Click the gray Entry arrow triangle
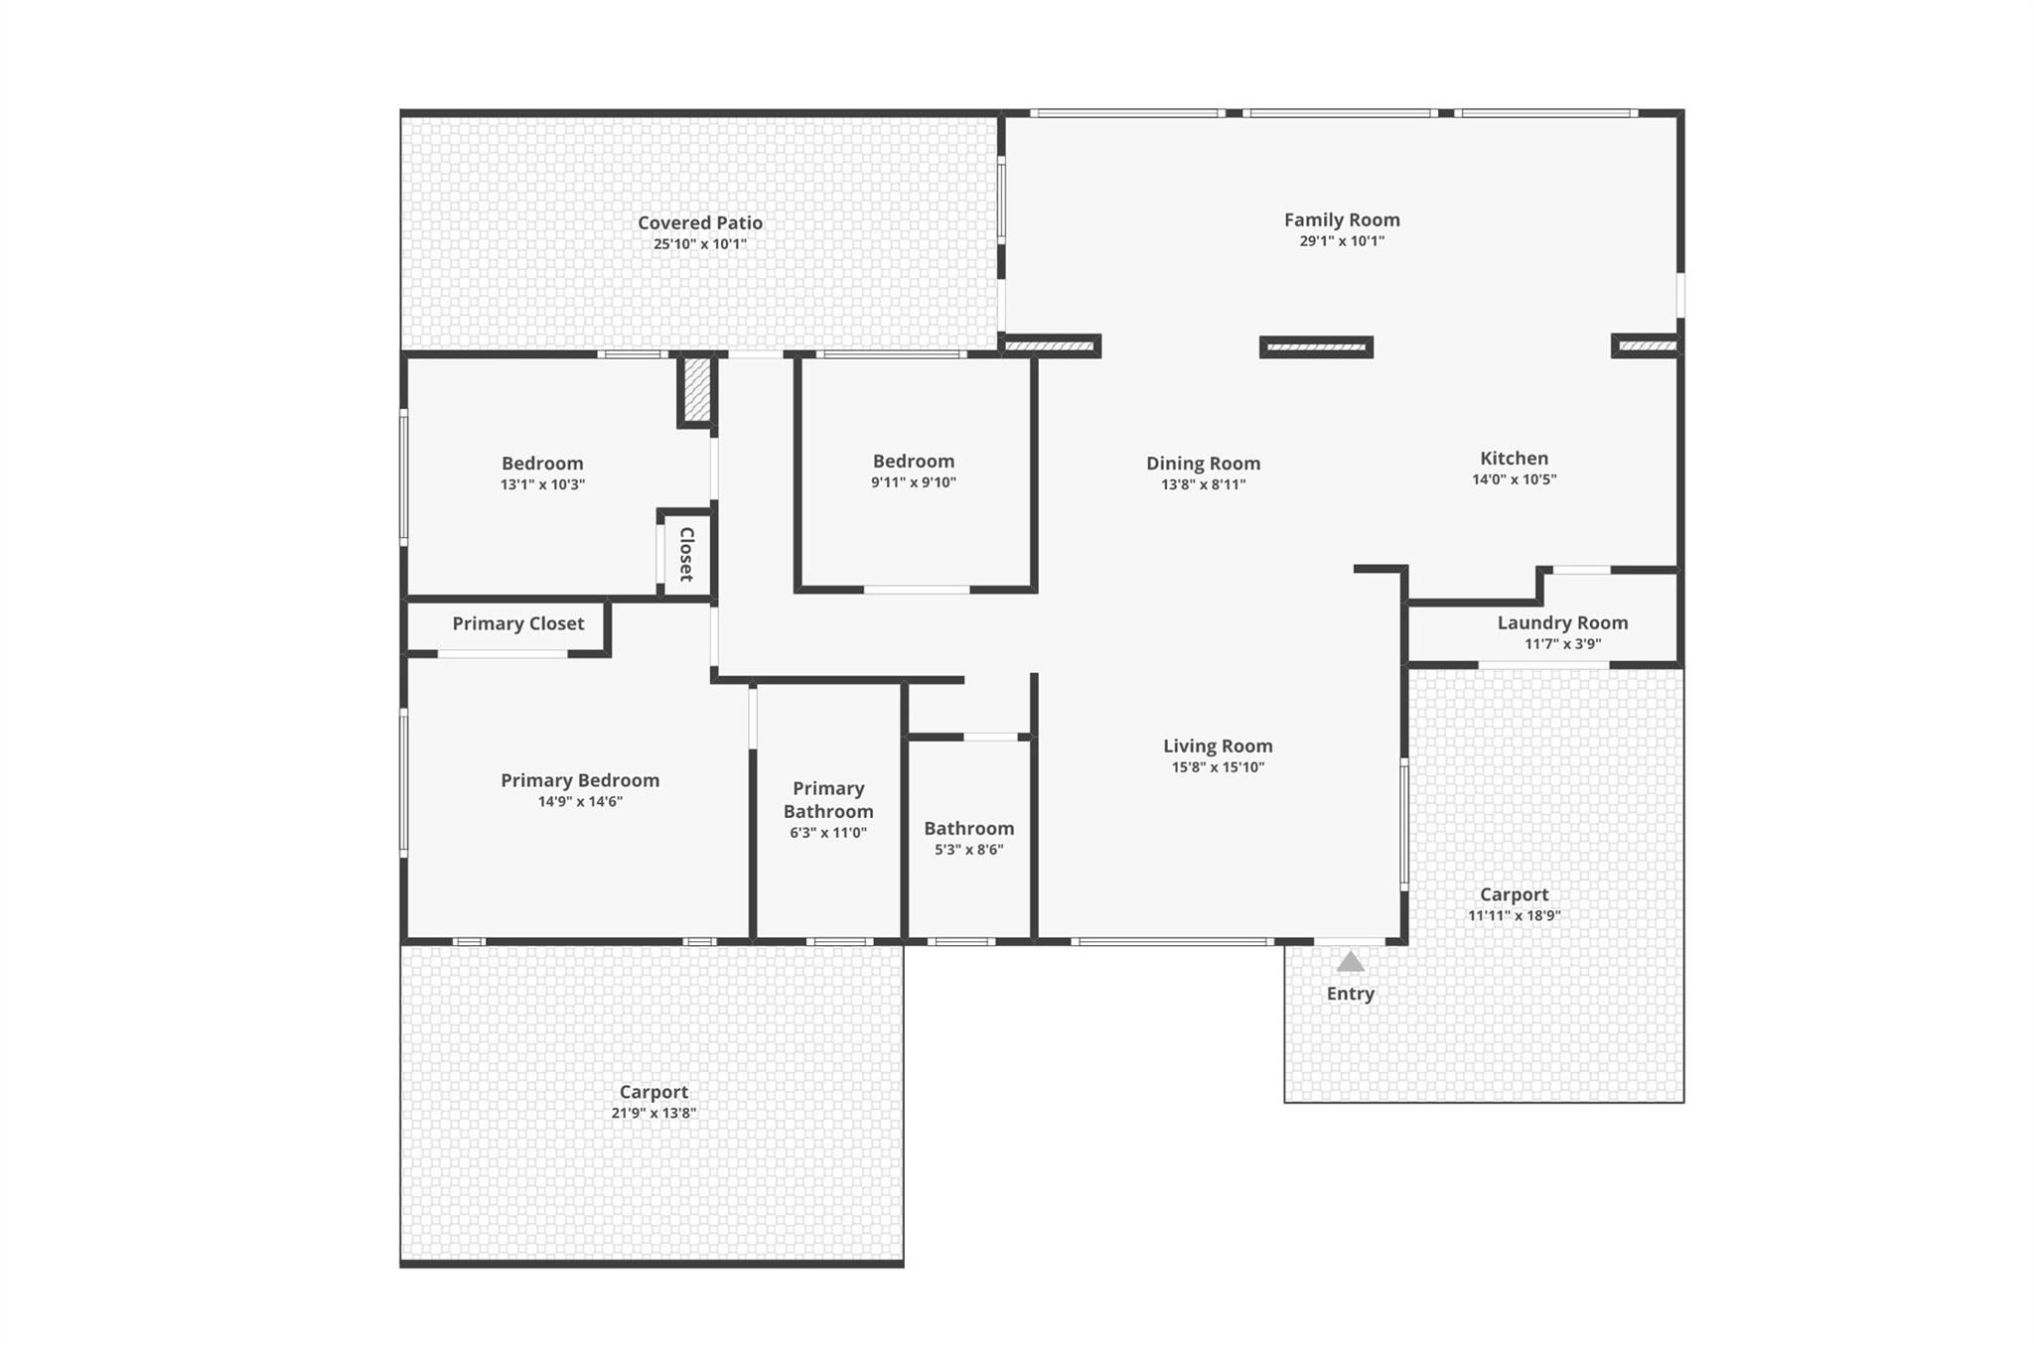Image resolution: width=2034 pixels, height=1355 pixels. tap(1350, 962)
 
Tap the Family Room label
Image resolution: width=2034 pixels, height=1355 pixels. tap(1341, 219)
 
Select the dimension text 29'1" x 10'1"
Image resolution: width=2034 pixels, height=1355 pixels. tap(1341, 241)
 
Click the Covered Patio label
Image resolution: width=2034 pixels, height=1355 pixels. tap(699, 222)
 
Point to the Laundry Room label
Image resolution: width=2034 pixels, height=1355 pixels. tap(1562, 622)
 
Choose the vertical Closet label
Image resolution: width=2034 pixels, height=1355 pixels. tap(686, 554)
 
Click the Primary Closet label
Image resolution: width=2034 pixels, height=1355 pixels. tap(517, 623)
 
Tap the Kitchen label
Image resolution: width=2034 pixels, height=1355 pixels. tap(1514, 458)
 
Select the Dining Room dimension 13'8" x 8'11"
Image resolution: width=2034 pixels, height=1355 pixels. tap(1203, 484)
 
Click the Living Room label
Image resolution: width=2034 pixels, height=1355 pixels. tap(1218, 745)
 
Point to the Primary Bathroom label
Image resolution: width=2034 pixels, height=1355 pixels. tap(828, 799)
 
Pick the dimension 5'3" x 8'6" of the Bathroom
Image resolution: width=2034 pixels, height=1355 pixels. tap(968, 850)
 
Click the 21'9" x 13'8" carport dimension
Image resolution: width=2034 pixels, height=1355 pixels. tap(653, 1113)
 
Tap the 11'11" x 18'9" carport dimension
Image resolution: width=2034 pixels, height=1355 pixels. tap(1514, 915)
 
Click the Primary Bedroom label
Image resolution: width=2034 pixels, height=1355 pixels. tap(579, 780)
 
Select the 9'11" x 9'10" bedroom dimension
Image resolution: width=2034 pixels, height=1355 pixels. tap(913, 482)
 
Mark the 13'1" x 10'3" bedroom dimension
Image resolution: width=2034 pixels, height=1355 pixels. tap(541, 484)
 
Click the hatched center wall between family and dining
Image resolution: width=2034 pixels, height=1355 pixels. tap(1316, 347)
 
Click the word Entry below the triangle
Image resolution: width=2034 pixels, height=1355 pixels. tap(1350, 994)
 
